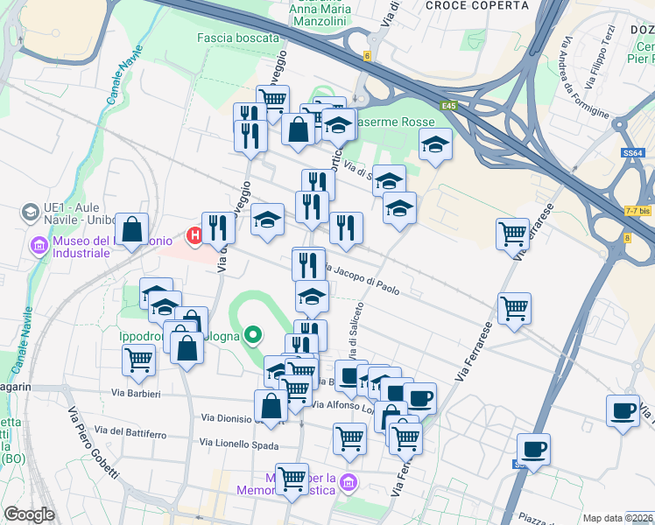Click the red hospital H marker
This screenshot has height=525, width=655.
(194, 235)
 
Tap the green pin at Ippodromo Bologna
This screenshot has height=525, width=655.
(253, 333)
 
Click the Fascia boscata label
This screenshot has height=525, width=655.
(238, 38)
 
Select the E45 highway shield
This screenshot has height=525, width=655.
(450, 106)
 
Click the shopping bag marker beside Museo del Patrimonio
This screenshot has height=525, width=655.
(131, 231)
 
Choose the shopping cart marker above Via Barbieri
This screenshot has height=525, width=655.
(138, 360)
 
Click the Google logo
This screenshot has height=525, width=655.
(30, 514)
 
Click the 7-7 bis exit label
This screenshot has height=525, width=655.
(637, 212)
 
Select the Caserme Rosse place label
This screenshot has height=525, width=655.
(393, 123)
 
